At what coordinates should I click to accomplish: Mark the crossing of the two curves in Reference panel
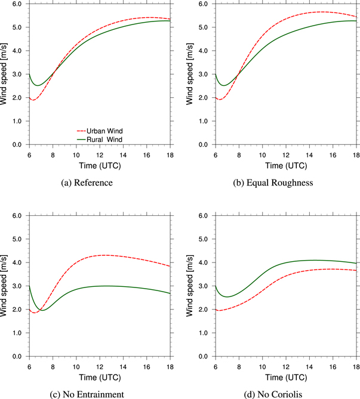55,72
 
